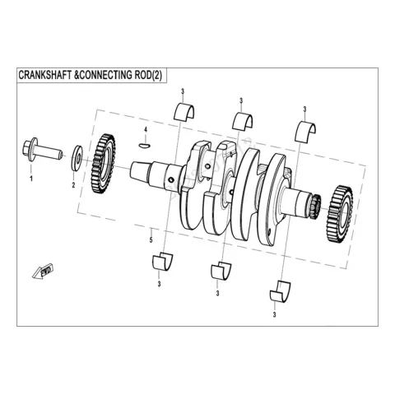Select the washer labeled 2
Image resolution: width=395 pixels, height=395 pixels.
pos(77,158)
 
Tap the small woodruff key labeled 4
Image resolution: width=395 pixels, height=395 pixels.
pos(144,145)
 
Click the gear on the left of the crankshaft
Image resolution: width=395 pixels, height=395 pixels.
pos(103,164)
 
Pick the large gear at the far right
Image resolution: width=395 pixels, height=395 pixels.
pos(339,215)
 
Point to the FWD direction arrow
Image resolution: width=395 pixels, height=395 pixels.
pos(43,272)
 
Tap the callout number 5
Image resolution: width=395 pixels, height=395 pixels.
pos(151,240)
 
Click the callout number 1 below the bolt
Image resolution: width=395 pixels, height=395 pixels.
pos(31,179)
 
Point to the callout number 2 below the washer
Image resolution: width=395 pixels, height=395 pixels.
pos(73,185)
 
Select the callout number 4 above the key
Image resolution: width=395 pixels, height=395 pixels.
pos(146,129)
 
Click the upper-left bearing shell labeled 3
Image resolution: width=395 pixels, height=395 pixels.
pos(184,111)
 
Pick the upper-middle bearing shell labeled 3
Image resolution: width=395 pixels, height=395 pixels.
pos(243,121)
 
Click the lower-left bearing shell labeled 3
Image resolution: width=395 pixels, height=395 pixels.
pos(163,261)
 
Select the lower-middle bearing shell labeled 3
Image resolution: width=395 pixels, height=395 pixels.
pos(221,271)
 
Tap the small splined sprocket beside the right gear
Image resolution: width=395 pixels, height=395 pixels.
pos(315,207)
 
